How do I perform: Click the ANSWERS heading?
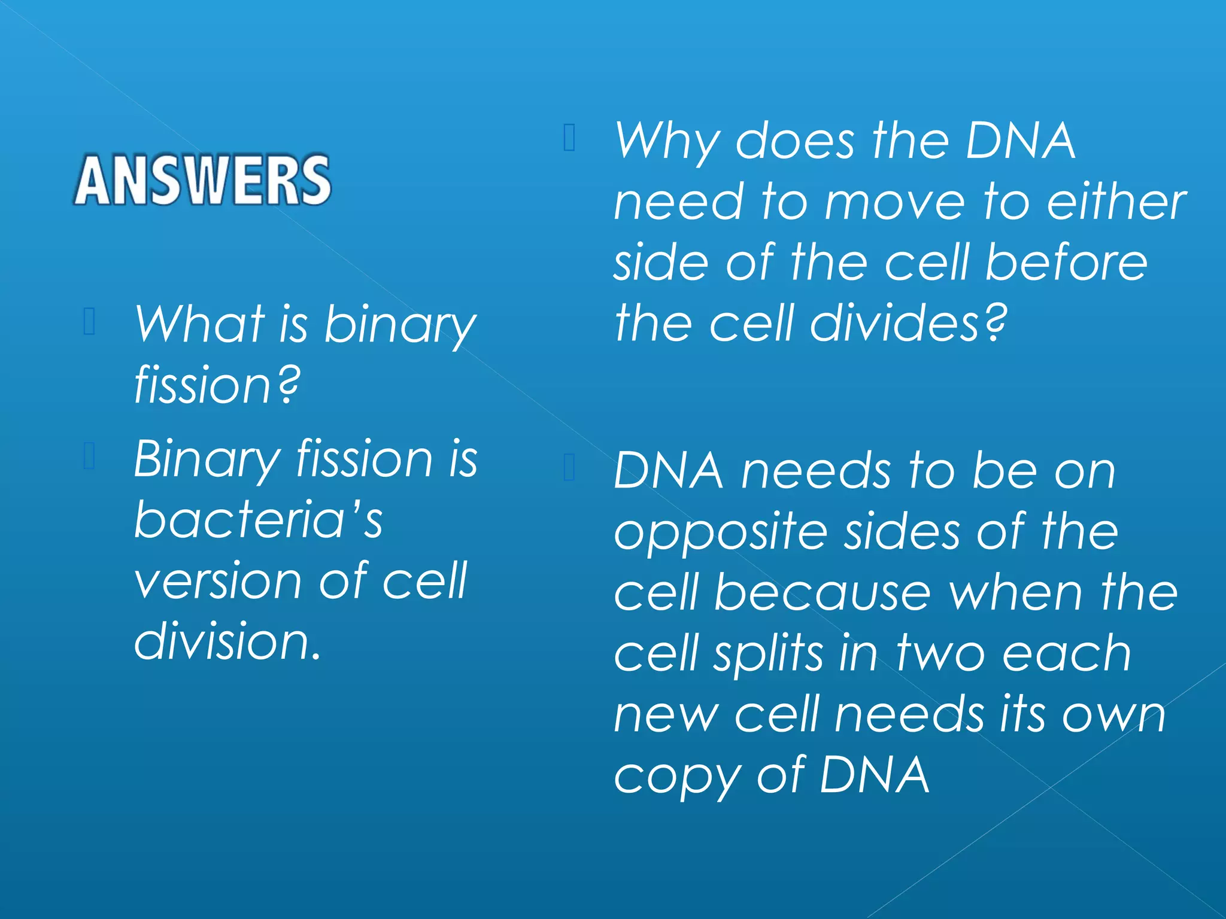coord(202,180)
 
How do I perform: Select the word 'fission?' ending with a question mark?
coord(217,386)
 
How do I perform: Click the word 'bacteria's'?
coord(258,519)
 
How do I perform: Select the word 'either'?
coord(1116,202)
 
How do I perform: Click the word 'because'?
coord(823,593)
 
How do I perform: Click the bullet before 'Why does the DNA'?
coord(569,138)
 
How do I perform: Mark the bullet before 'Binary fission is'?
coord(89,456)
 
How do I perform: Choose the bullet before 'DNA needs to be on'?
coord(569,468)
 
